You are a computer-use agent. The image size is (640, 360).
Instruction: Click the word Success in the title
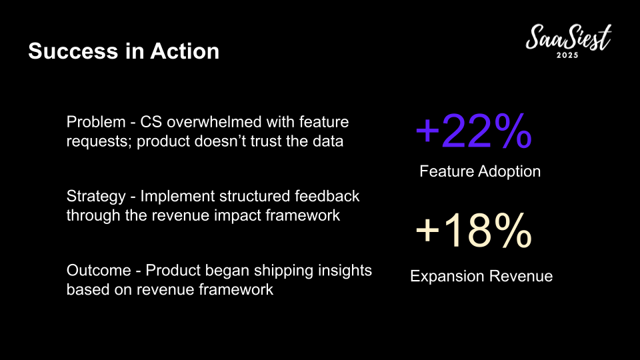73,51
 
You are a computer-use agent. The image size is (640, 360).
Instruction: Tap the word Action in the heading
185,51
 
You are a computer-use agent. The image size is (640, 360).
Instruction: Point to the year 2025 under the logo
567,55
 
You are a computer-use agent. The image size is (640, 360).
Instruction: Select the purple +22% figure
473,131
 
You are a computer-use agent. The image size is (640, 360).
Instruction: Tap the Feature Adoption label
480,171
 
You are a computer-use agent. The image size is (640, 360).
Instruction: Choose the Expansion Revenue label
481,276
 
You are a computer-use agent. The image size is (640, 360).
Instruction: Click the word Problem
96,122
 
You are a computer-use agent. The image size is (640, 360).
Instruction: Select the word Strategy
96,197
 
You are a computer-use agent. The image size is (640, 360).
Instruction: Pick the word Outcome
99,271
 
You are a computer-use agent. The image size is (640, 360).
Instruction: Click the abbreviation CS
151,122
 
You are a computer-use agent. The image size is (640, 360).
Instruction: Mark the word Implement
177,197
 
